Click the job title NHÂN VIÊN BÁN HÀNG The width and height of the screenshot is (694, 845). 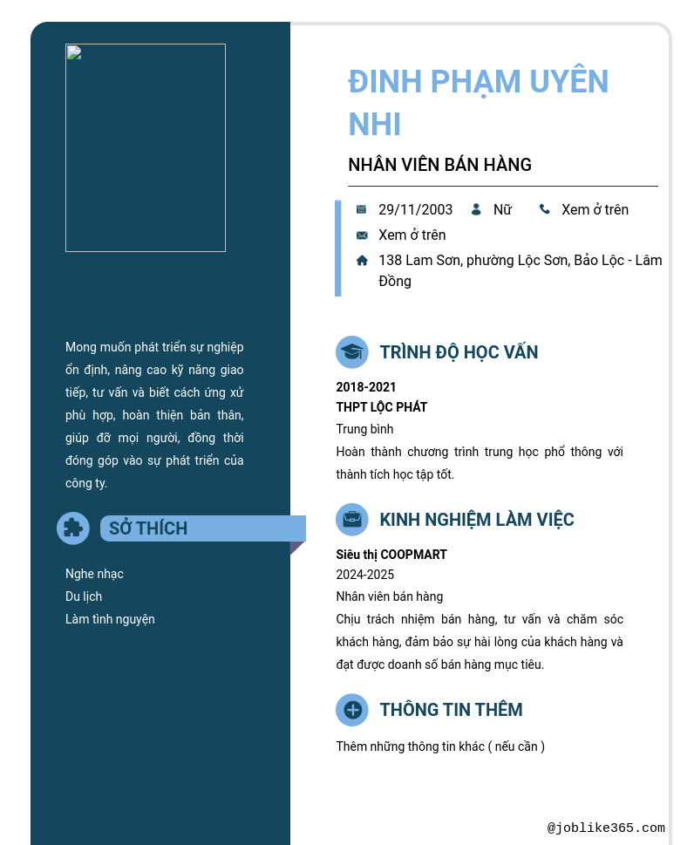[x=439, y=165]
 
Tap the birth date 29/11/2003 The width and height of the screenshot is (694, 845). [x=415, y=209]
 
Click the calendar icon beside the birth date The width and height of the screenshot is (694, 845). [x=361, y=209]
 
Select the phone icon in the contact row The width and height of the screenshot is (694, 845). [x=545, y=209]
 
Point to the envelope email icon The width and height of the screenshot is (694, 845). [x=362, y=235]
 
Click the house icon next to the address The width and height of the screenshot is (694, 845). [x=362, y=260]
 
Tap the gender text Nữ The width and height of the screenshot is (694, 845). [x=502, y=209]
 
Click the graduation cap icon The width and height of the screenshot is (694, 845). [x=352, y=352]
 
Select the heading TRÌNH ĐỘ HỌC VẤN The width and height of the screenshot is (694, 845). [x=459, y=352]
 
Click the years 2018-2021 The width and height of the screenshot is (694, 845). [x=366, y=387]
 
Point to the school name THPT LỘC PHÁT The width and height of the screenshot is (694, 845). [x=382, y=407]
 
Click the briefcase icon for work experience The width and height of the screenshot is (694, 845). [x=352, y=520]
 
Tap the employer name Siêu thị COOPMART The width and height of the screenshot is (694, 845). [x=391, y=555]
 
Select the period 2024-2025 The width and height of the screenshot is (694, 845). [x=365, y=575]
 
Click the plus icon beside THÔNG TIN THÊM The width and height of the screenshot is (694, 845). [x=352, y=710]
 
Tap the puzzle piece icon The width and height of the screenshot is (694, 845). [x=73, y=528]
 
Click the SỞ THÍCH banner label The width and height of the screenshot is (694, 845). [x=148, y=528]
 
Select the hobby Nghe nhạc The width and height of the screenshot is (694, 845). [x=94, y=574]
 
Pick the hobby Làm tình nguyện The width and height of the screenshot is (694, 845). [x=110, y=619]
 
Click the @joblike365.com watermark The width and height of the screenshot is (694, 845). [x=606, y=828]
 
